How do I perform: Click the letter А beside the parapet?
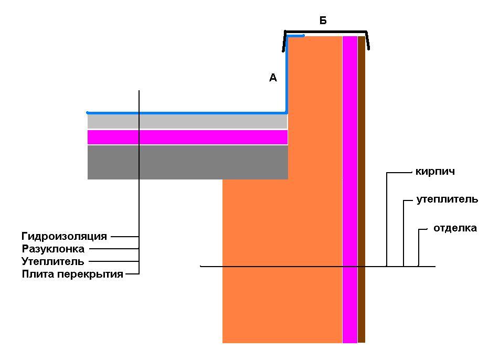[273, 77]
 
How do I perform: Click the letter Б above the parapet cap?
[323, 20]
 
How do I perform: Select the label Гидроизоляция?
[65, 236]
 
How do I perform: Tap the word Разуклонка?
[53, 249]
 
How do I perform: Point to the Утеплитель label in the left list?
[53, 261]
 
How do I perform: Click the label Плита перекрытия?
[72, 274]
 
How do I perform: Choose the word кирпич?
[435, 172]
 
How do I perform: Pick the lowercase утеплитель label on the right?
[447, 199]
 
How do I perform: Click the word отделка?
[455, 228]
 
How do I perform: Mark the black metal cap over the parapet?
[325, 31]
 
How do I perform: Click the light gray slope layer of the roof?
[187, 121]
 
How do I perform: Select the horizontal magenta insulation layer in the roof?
[187, 137]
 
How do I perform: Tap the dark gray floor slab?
[188, 162]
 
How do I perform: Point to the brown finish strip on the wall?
[361, 189]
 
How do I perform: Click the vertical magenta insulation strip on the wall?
[350, 189]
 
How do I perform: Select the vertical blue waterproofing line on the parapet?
[286, 75]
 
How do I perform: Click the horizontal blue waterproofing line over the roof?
[186, 113]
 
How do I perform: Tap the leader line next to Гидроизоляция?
[125, 237]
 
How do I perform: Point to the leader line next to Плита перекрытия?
[132, 273]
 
